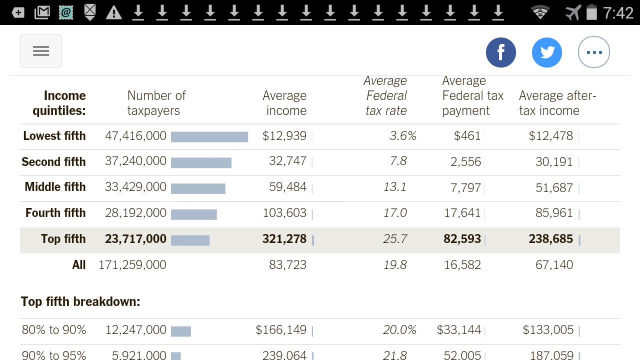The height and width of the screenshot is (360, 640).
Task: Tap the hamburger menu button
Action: pos(41,51)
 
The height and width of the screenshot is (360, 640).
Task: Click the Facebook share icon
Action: pos(500,52)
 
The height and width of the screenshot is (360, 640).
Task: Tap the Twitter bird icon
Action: pos(547,52)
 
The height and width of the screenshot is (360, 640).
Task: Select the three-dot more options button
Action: pos(593,52)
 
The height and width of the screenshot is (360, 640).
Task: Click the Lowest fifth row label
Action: pos(54,136)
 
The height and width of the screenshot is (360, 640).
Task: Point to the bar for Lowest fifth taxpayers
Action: pos(209,137)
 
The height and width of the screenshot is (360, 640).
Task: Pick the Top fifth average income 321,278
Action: pos(284,239)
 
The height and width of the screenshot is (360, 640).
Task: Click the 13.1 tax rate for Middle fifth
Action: pos(395,187)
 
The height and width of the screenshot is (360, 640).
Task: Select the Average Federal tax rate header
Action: pos(385,95)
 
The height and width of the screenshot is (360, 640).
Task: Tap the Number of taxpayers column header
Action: pos(156,103)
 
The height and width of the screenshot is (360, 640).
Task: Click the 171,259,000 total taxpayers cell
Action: pos(132,265)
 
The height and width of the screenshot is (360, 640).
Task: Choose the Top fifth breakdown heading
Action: pos(80,301)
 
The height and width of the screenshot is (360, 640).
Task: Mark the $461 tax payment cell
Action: pos(467,136)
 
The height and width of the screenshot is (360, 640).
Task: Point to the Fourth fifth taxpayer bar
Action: pos(194,214)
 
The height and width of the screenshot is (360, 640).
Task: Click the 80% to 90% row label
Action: pos(54,330)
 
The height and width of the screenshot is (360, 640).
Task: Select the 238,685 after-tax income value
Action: pos(550,239)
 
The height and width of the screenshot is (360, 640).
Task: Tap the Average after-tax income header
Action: pos(557,103)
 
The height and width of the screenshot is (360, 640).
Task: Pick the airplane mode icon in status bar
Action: pos(573,12)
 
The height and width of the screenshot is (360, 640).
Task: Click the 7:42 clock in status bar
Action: pos(618,12)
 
